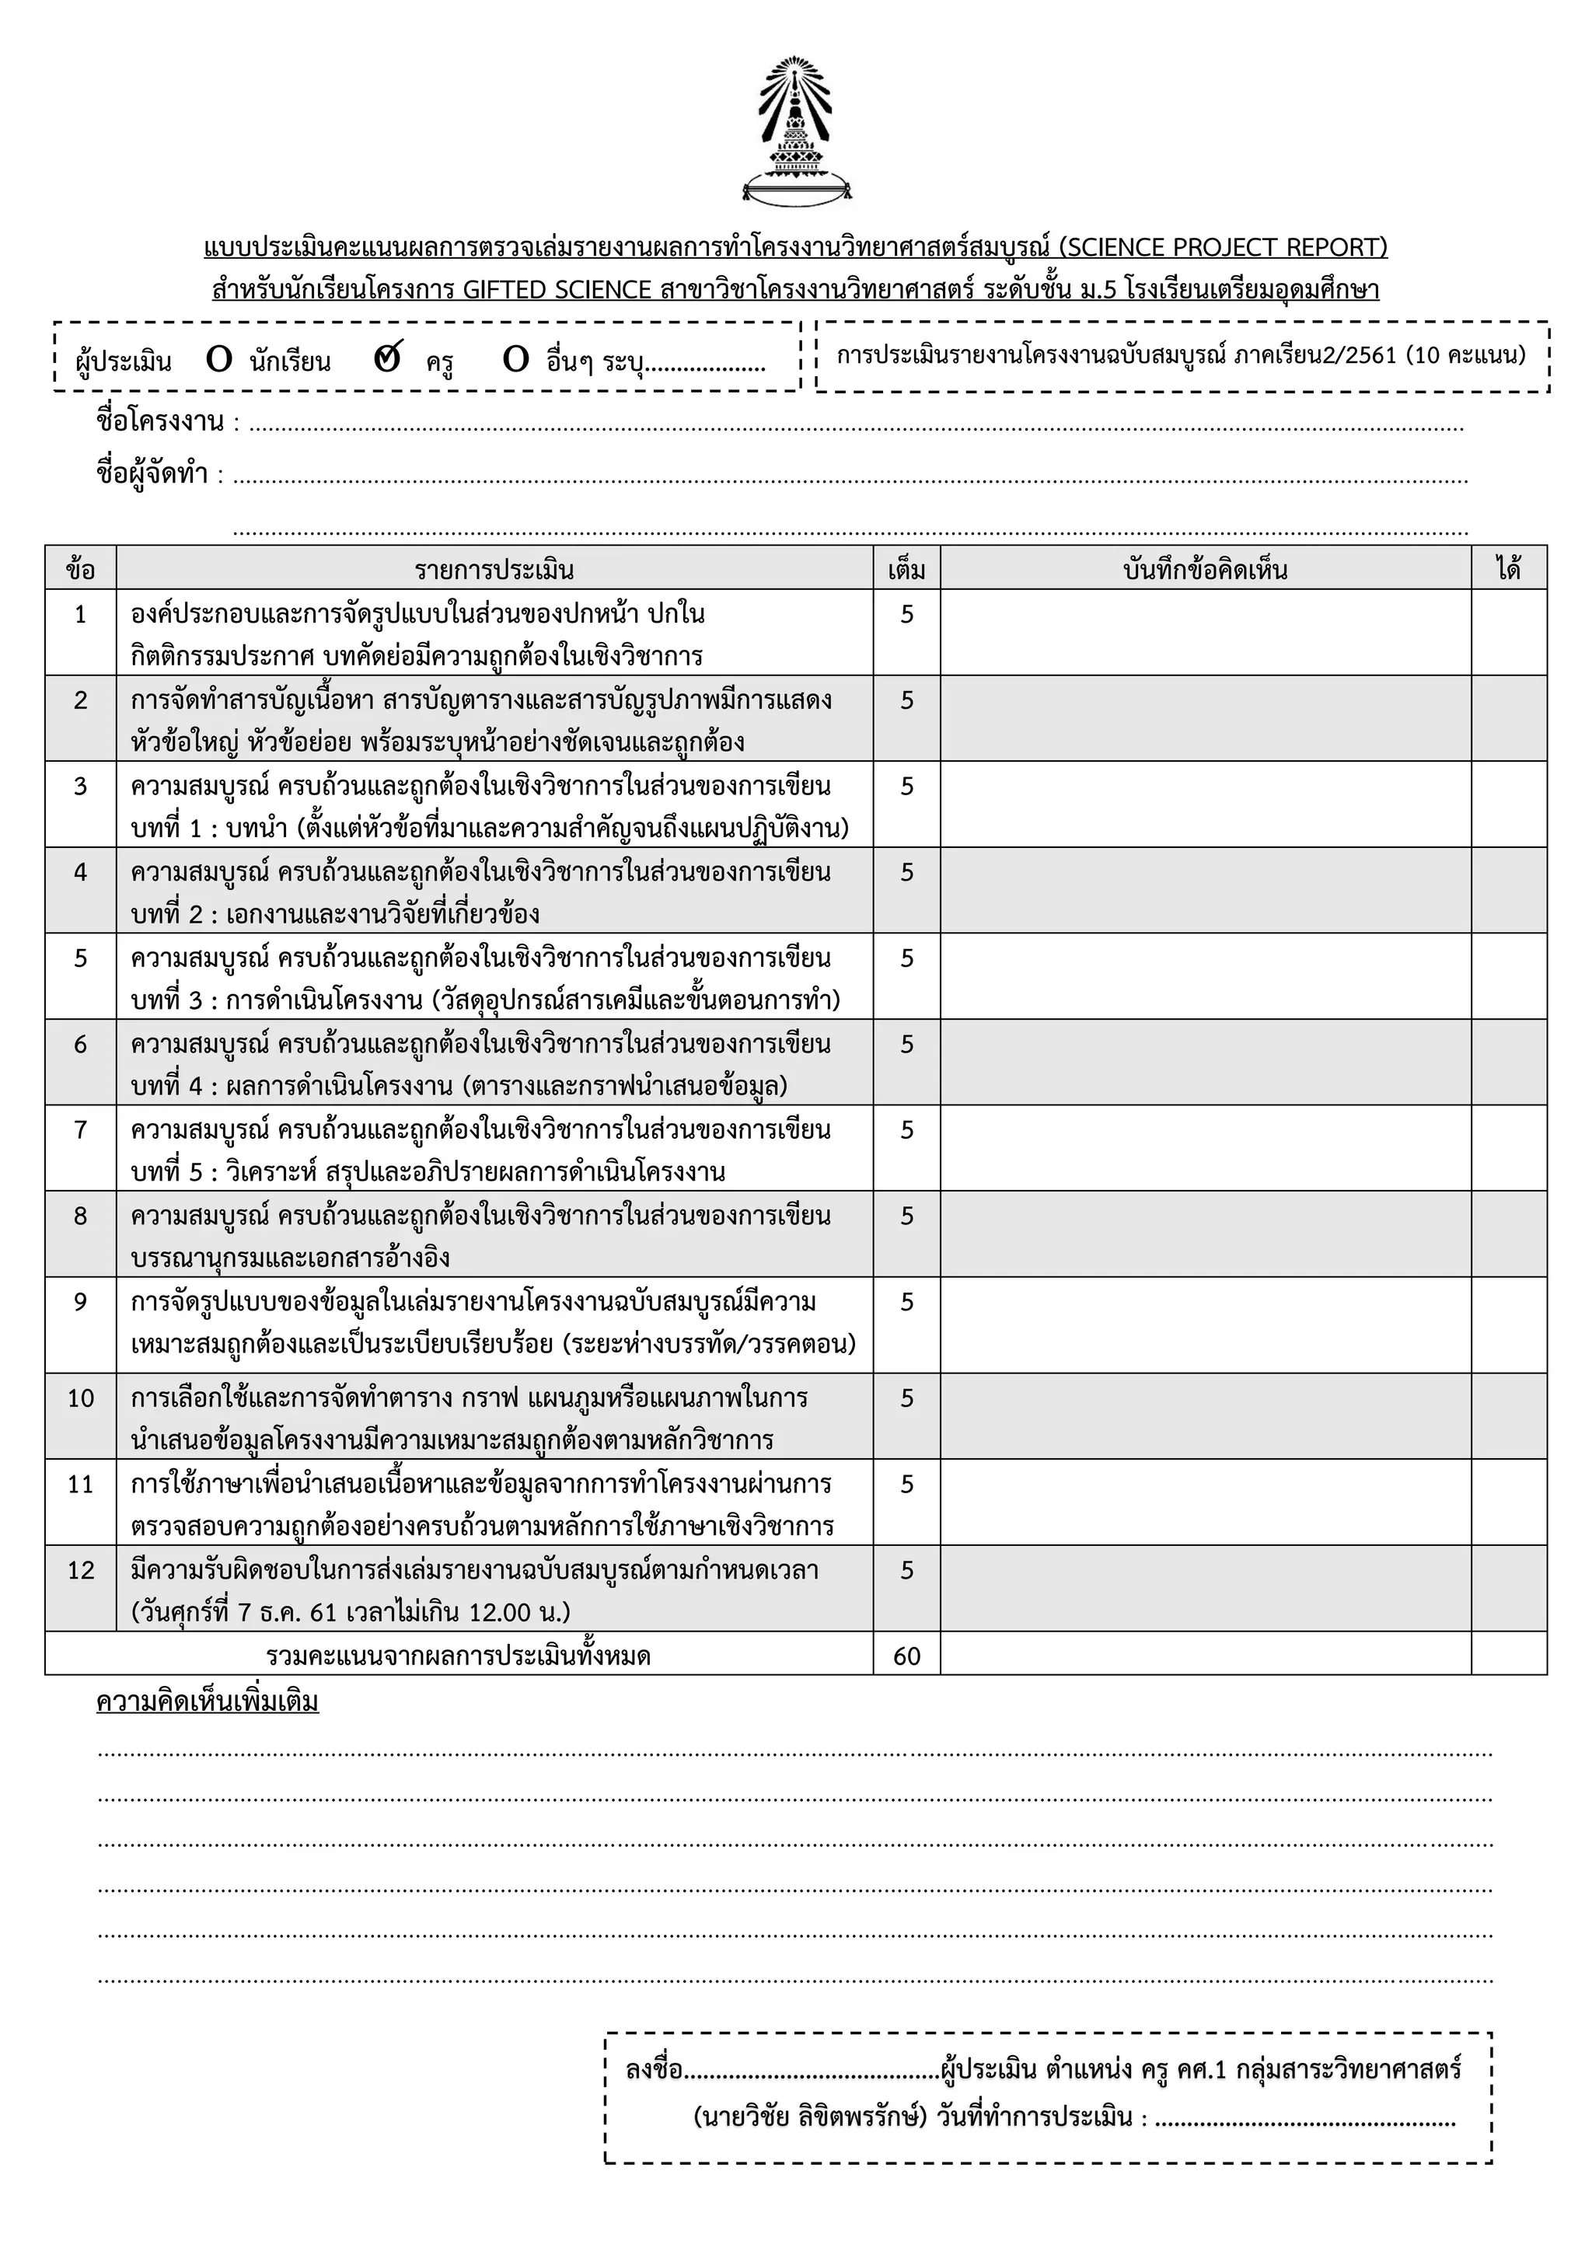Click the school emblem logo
tap(796, 131)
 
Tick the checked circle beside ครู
tap(388, 359)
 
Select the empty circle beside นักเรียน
tap(218, 360)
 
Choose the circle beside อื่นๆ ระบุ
tap(515, 360)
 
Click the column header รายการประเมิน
tap(494, 570)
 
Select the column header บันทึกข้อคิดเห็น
tap(1205, 570)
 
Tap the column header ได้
tap(1508, 569)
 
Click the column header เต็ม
tap(907, 570)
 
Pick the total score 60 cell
tap(907, 1656)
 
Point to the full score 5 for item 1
tap(907, 615)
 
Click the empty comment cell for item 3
tap(1205, 804)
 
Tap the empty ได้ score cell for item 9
tap(1508, 1324)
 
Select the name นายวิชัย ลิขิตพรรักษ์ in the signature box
tap(811, 2117)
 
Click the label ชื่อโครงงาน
tap(160, 421)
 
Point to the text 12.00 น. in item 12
tap(518, 1613)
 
